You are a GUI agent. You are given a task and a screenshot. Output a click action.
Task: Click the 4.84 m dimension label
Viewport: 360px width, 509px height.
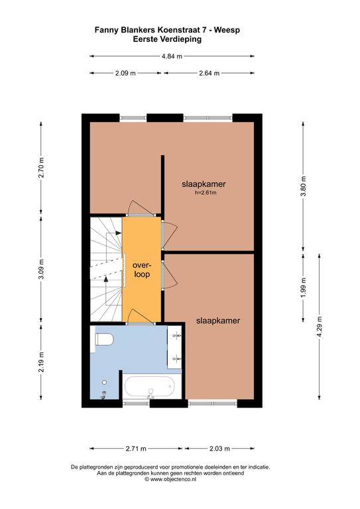[x=172, y=56]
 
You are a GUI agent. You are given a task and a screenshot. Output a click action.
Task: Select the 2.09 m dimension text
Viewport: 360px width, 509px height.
[x=125, y=73]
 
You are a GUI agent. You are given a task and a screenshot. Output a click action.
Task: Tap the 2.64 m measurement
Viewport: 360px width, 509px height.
[x=209, y=73]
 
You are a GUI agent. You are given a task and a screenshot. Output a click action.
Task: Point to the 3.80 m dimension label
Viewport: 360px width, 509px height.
[x=303, y=186]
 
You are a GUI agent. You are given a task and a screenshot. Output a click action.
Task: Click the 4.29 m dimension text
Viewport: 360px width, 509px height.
[x=320, y=326]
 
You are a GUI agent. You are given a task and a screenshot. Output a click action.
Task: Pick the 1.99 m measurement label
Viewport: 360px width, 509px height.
[x=303, y=287]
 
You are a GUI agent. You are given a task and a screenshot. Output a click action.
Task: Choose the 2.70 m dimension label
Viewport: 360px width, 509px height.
[x=41, y=168]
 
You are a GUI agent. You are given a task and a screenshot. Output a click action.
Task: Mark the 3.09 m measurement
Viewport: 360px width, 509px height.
[x=41, y=270]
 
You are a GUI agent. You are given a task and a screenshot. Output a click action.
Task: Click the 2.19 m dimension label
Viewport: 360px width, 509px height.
[x=41, y=363]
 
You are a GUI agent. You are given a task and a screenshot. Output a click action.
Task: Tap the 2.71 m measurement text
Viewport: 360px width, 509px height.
[x=136, y=449]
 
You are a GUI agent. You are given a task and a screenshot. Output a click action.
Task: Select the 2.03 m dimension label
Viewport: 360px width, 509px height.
[x=219, y=449]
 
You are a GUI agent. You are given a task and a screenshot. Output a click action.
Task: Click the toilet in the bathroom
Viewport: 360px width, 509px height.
[x=104, y=339]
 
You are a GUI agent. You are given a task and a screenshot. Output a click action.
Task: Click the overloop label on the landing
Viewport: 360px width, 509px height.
[x=142, y=270]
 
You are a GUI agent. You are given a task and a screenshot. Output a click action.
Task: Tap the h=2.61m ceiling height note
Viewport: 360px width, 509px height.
[x=206, y=192]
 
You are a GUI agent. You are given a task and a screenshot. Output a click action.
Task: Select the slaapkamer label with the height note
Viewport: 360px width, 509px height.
[x=204, y=184]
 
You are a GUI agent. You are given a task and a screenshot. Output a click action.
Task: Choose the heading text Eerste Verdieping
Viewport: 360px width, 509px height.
[x=167, y=39]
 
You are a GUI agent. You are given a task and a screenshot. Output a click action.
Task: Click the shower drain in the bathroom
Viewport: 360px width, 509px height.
[x=105, y=382]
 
